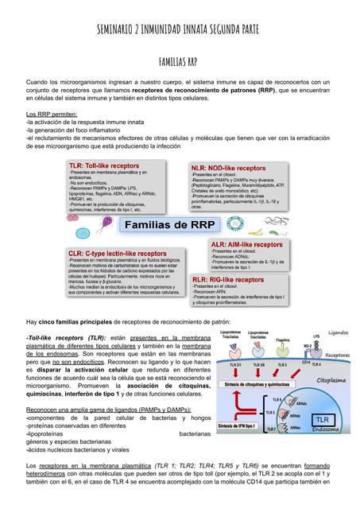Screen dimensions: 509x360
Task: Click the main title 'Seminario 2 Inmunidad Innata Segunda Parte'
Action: pos(179,30)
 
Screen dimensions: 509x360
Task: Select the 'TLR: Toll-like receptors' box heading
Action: pos(104,165)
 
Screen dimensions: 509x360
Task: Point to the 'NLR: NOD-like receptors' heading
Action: pos(229,169)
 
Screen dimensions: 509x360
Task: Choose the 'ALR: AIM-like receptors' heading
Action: pos(246,245)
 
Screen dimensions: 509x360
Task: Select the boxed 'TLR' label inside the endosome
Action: pos(321,418)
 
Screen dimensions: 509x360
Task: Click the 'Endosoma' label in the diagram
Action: pos(325,428)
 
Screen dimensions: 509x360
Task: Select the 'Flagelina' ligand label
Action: pos(283,340)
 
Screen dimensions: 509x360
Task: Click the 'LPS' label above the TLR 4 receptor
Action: pos(315,336)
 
